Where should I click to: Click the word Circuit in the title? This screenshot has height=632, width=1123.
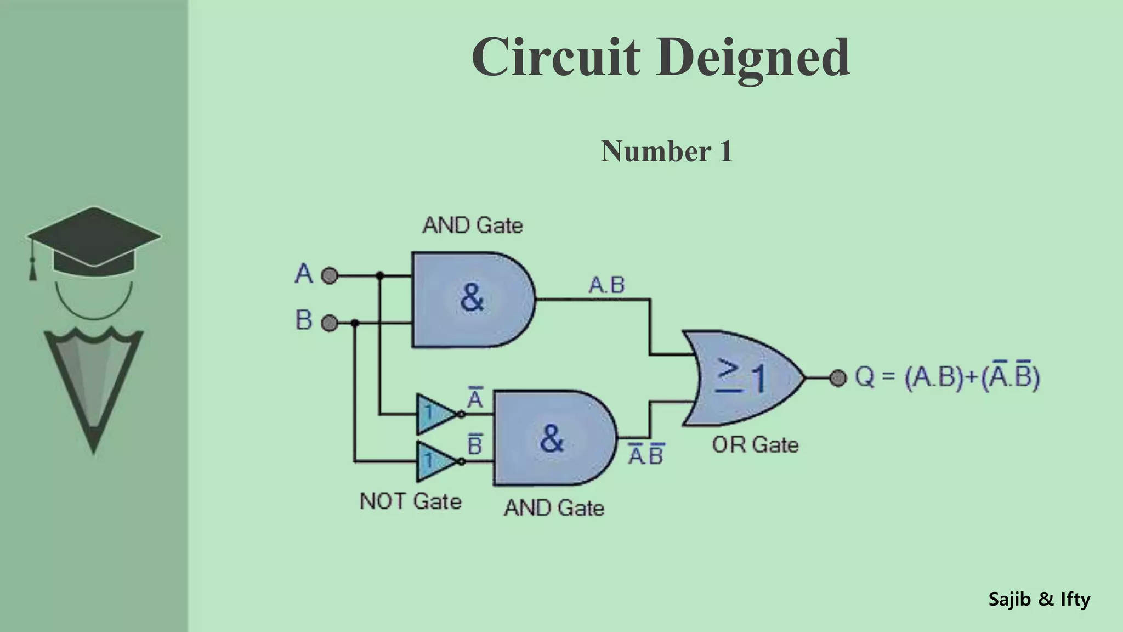555,57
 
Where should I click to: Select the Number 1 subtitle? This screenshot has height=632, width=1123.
667,151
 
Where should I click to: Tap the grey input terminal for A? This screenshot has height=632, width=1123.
329,275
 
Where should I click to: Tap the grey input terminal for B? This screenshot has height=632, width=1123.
329,323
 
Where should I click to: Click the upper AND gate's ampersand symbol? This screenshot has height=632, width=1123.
472,298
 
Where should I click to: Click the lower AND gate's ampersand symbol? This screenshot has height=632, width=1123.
552,438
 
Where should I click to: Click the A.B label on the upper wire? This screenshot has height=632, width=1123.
606,285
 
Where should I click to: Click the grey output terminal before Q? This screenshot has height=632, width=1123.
837,377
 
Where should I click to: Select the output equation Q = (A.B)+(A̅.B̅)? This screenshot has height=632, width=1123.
947,377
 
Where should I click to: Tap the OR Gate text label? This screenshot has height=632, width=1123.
755,445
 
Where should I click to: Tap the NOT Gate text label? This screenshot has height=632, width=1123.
410,501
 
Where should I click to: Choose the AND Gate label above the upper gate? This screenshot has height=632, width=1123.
473,225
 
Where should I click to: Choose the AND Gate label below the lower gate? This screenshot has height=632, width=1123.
554,508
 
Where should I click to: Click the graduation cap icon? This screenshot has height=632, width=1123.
93,241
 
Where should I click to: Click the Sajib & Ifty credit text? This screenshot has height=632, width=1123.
1039,599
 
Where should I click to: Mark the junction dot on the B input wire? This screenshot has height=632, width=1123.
355,323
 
